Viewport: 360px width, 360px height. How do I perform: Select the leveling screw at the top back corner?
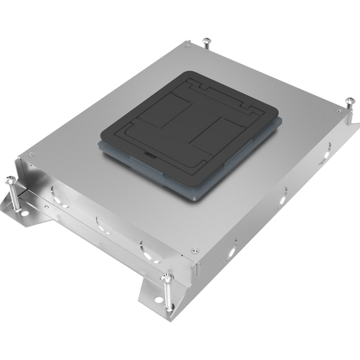pyautogui.click(x=205, y=41)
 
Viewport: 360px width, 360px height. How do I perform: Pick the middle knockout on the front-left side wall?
pyautogui.click(x=98, y=220)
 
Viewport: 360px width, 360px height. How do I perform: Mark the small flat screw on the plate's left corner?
pyautogui.click(x=27, y=157)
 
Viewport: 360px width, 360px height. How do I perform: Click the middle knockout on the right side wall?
pyautogui.click(x=284, y=192)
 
